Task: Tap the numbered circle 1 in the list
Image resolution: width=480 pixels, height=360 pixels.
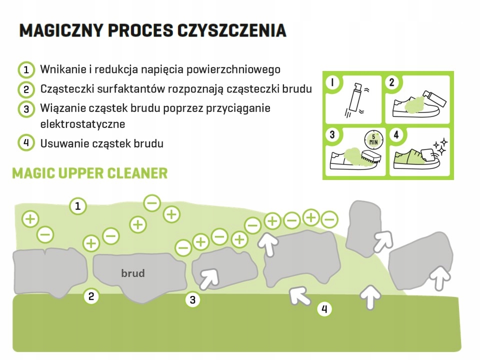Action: pos(26,69)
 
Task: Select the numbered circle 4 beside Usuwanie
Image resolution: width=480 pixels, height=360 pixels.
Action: pos(26,143)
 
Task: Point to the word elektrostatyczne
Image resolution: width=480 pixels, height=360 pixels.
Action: pos(82,123)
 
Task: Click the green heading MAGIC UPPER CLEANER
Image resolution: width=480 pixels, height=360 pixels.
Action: pos(90,173)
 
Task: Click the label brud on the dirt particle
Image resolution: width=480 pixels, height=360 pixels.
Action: pos(133,273)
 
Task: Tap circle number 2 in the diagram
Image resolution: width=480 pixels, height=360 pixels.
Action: pos(91,296)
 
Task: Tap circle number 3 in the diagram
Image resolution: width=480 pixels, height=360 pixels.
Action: pos(193,300)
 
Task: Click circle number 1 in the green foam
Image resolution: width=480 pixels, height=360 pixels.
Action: pos(77,205)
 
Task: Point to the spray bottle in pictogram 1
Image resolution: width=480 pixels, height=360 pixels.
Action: pos(354,97)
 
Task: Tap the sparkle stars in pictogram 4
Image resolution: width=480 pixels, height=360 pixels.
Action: pos(439,146)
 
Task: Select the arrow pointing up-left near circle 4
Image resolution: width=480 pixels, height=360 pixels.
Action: pos(300,295)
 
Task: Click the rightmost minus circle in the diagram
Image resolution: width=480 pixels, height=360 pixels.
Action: pos(329,219)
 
